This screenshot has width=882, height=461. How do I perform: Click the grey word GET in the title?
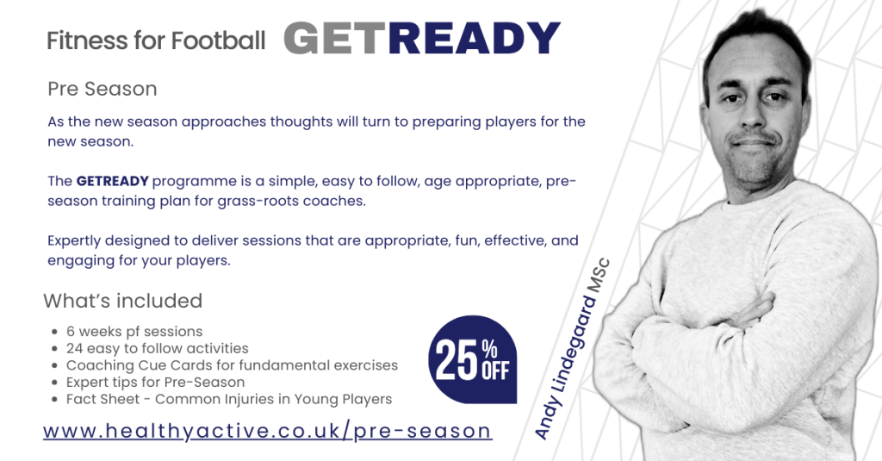[336, 38]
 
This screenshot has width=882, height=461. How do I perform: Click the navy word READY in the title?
[475, 38]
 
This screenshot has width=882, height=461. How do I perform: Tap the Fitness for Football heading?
[156, 40]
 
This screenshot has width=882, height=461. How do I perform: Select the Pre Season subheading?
[102, 89]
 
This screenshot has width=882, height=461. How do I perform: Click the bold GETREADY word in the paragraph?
[113, 181]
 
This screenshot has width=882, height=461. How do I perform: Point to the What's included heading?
[122, 301]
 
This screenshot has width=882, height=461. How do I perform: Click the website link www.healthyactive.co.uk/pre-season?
[268, 431]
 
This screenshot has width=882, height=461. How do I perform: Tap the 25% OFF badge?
[473, 359]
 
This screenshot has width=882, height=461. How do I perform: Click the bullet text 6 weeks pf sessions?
[134, 332]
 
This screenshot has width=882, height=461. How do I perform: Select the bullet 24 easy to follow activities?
[158, 348]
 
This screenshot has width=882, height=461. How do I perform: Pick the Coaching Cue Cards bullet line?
[232, 365]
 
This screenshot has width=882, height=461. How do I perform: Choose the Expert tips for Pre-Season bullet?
[155, 383]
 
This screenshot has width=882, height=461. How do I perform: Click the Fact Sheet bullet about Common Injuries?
[229, 399]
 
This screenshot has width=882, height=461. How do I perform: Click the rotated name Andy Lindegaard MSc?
[572, 348]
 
